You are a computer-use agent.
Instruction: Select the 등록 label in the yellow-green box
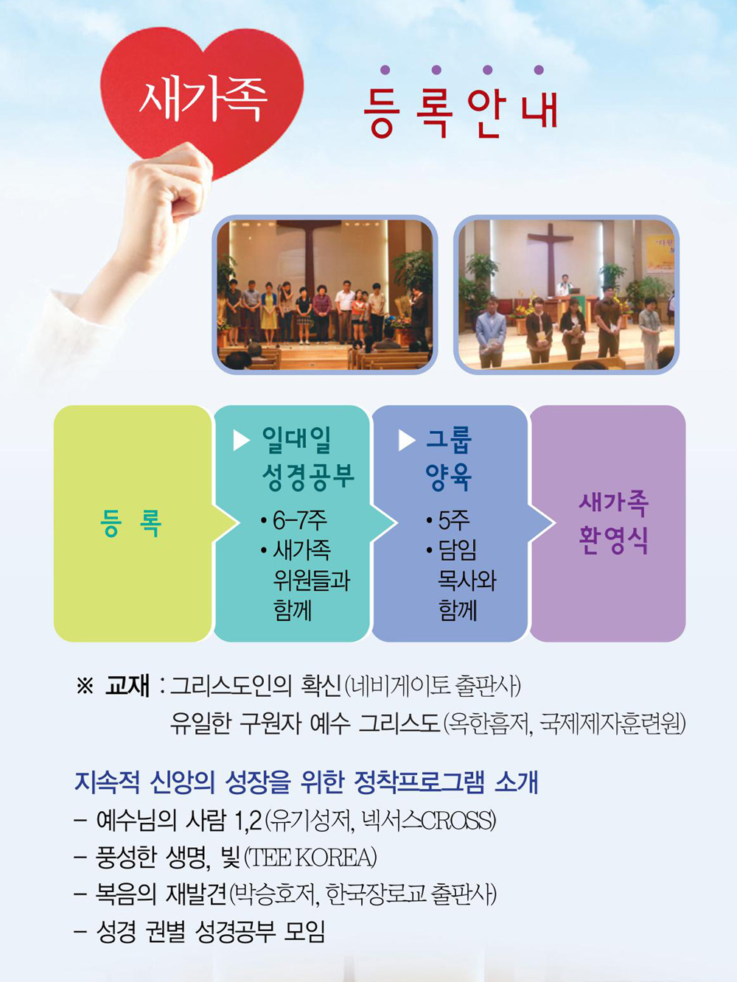coord(130,523)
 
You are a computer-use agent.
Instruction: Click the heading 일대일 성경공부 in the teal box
coord(307,458)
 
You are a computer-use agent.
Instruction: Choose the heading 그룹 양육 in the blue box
coord(448,458)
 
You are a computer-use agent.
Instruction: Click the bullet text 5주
coord(447,520)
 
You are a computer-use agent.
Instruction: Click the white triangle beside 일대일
coord(241,441)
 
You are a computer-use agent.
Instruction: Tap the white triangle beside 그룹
coord(406,441)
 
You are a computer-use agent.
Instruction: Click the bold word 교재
coord(127,684)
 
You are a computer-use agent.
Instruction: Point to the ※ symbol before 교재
coord(85,685)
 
